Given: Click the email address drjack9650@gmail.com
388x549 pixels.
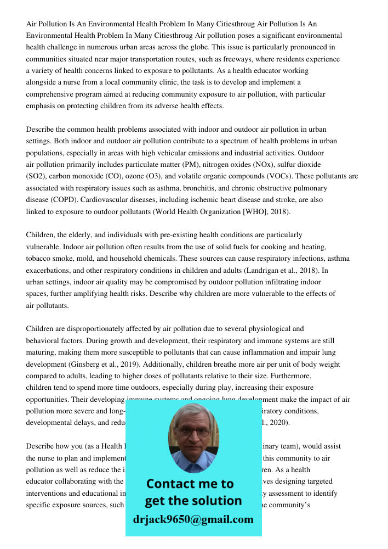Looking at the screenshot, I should (193, 519).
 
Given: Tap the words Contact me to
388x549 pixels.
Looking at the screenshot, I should (190, 484).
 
